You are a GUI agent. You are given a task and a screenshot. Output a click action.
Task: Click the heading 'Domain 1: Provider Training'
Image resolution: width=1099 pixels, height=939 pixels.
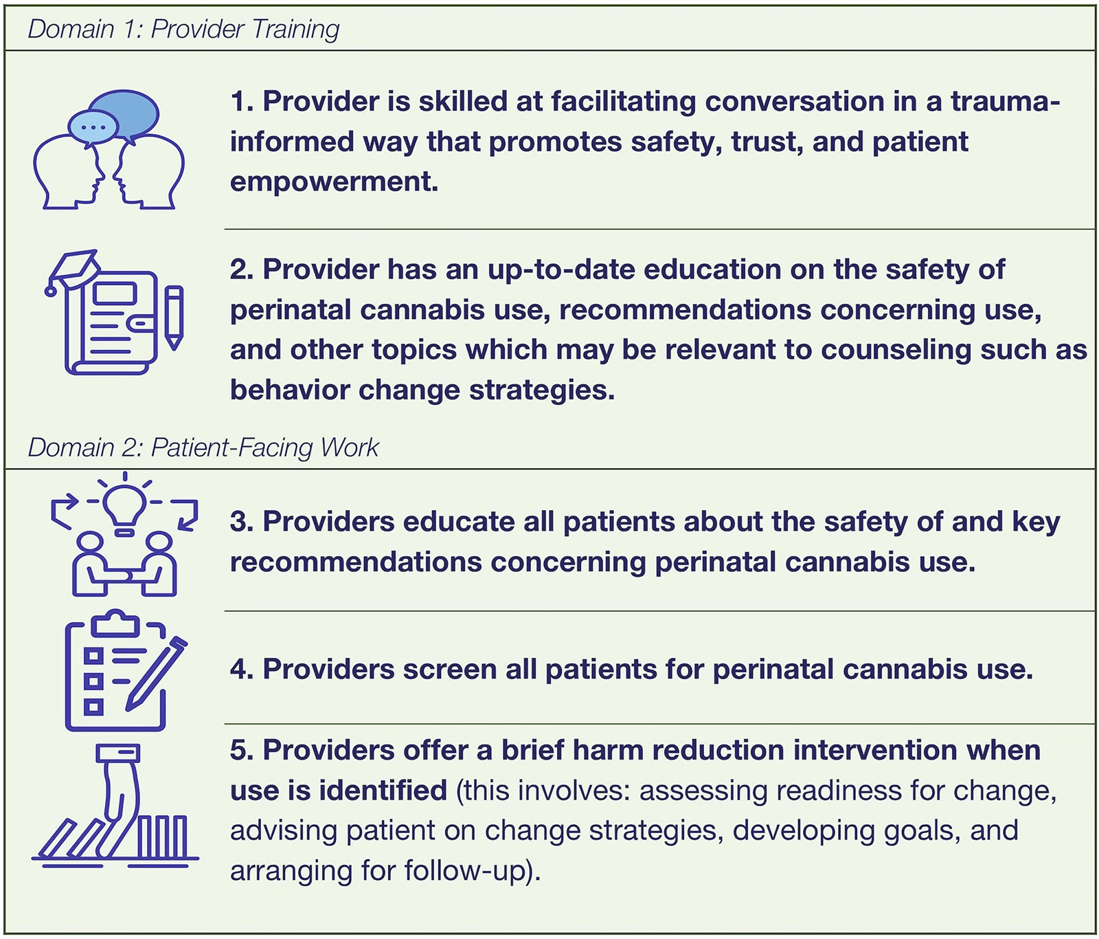click(x=183, y=29)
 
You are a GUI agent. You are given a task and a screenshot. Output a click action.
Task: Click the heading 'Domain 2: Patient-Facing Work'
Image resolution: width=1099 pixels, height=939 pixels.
click(x=203, y=448)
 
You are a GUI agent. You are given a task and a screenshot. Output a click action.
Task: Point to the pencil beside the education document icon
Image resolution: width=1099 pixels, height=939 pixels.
click(x=174, y=318)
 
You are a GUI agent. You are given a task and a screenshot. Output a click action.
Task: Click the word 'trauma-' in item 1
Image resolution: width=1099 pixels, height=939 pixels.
click(x=1006, y=102)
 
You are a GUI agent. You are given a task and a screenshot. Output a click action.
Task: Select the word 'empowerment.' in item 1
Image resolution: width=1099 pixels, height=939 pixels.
click(x=334, y=182)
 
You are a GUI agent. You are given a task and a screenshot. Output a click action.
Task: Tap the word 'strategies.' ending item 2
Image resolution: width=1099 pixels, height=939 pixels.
click(x=542, y=390)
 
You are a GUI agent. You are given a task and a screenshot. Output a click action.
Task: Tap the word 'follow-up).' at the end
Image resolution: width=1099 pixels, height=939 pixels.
click(x=473, y=871)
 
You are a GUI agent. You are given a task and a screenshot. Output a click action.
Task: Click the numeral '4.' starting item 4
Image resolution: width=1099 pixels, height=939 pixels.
click(x=242, y=670)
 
